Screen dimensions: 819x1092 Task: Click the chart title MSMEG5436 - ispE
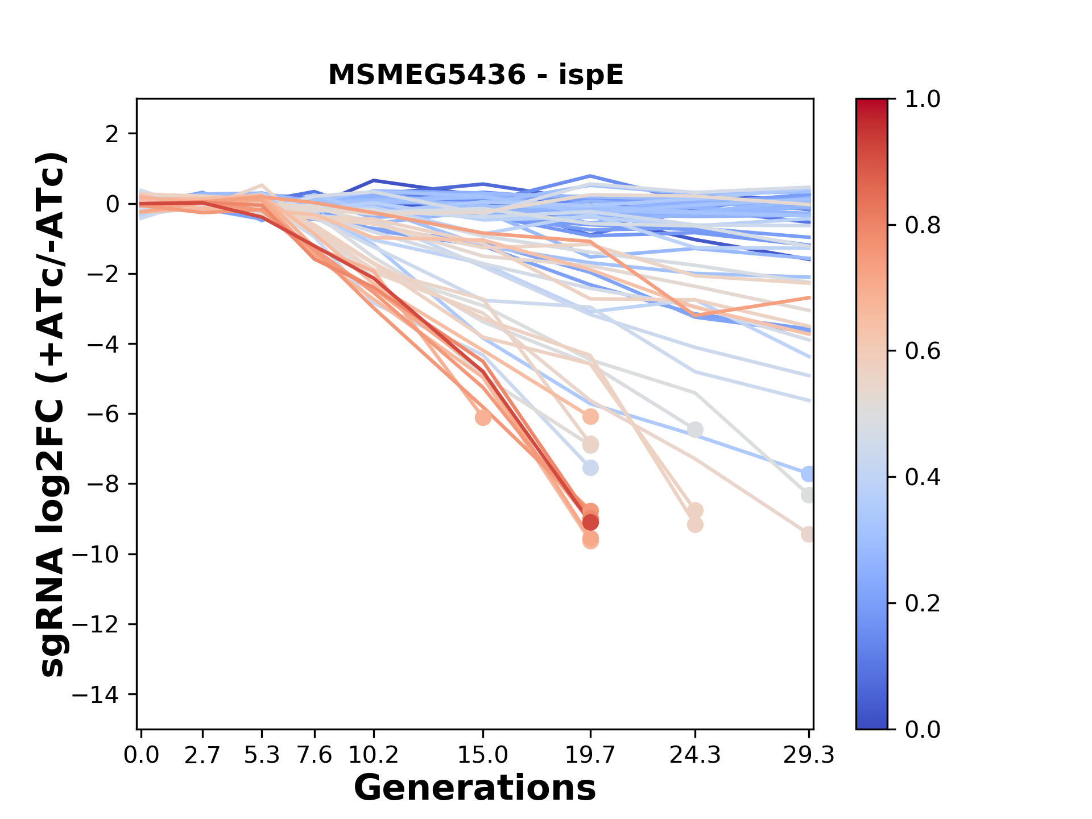[x=475, y=75]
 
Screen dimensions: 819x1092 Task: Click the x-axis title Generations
[x=475, y=788]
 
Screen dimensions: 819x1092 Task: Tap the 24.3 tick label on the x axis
[x=694, y=755]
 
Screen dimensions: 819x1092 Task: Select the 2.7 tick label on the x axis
[x=202, y=755]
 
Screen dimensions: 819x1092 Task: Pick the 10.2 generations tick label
[x=373, y=755]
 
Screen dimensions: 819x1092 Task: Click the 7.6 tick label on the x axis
[x=315, y=755]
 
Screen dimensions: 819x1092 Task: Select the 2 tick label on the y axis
[x=113, y=134]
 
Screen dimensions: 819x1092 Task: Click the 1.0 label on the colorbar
[x=923, y=100]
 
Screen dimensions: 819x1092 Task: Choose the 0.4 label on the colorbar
[x=923, y=477]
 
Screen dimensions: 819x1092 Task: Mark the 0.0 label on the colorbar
[x=923, y=729]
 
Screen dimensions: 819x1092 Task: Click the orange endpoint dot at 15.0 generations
[x=483, y=417]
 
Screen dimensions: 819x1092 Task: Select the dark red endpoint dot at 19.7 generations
[x=590, y=522]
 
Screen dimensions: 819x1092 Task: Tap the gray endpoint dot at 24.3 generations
[x=694, y=429]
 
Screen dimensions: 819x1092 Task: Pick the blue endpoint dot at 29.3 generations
[x=808, y=474]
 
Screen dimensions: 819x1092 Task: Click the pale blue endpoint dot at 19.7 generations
[x=590, y=468]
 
